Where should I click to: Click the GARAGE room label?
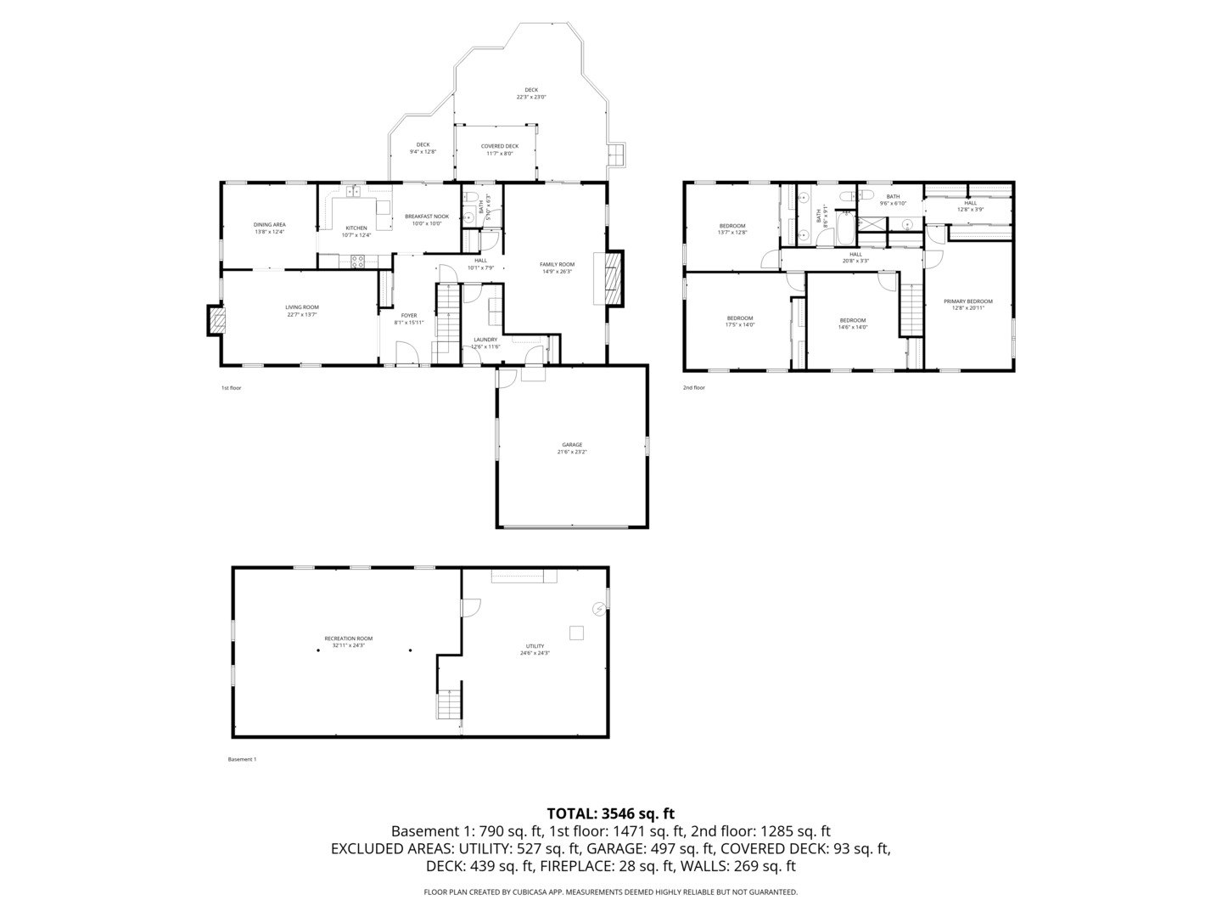(571, 445)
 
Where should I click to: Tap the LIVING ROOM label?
(302, 307)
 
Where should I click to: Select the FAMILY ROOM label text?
(557, 265)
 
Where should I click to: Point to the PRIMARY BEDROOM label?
(967, 301)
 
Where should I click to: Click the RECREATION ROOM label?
(348, 639)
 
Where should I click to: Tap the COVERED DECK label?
(499, 146)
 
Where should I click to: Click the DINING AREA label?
(269, 225)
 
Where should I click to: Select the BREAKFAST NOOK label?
(427, 217)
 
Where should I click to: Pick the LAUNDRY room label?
(485, 340)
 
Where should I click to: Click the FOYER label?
(409, 316)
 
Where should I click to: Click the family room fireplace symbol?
(611, 277)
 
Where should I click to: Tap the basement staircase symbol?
(449, 704)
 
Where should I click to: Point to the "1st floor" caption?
(232, 388)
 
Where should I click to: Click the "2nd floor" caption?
(693, 388)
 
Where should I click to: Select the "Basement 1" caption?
(242, 759)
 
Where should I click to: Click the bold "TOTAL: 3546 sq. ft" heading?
(610, 813)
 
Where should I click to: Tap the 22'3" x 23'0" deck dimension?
(531, 98)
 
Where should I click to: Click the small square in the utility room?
(576, 632)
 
